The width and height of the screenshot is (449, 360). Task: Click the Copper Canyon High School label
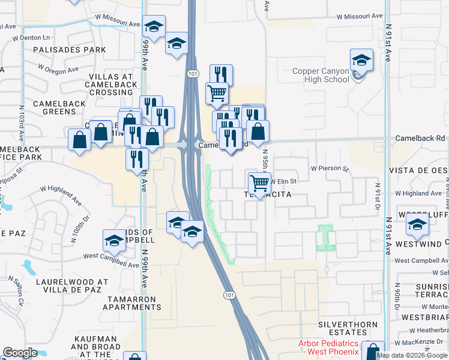point(321,75)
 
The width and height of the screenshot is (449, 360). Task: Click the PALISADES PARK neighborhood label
point(70,49)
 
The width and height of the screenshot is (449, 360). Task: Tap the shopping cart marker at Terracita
point(260,182)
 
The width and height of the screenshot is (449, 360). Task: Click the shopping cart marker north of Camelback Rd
point(217,93)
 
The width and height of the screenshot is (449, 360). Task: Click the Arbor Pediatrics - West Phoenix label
point(329,347)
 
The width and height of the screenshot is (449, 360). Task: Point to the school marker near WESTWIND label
point(417,226)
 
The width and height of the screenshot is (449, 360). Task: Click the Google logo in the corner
point(20,353)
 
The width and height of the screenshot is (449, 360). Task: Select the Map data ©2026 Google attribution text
point(412,355)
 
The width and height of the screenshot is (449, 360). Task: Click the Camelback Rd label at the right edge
point(420,138)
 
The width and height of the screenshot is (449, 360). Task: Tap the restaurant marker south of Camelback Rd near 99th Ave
point(137,159)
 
